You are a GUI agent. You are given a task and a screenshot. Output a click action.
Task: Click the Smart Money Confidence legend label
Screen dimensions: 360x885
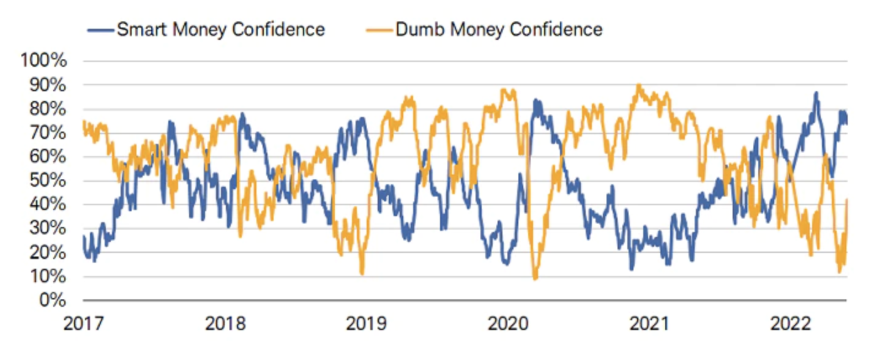tap(220, 29)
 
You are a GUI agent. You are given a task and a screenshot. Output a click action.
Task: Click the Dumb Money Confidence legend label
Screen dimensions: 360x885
tap(499, 29)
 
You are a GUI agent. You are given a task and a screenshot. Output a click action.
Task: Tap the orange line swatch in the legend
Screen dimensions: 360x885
tap(379, 29)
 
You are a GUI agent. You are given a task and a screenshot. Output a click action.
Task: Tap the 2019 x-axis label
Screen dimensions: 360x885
tap(366, 323)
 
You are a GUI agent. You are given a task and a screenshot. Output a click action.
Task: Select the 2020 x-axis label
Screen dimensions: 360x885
tap(507, 323)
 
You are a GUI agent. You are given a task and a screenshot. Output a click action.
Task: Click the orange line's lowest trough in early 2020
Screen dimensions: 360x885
tap(535, 279)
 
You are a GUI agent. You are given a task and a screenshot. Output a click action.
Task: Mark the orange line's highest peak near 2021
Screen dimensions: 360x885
tap(639, 86)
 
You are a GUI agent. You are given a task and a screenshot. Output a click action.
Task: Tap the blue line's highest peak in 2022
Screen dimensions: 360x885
tap(816, 93)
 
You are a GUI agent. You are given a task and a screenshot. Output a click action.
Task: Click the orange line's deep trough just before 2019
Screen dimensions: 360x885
tap(362, 273)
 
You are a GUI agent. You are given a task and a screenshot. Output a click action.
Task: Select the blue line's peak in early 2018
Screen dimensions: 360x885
tap(243, 114)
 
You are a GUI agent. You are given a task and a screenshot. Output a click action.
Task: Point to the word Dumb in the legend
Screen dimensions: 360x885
tap(419, 29)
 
